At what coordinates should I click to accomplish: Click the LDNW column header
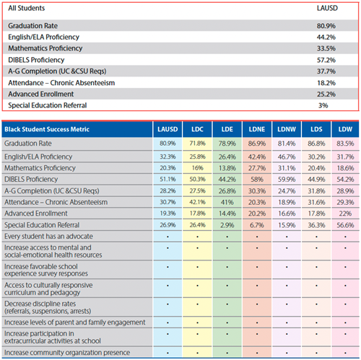pos(287,129)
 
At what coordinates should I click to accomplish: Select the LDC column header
pos(197,129)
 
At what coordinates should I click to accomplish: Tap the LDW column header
pos(345,129)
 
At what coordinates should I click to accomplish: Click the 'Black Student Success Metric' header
pos(47,129)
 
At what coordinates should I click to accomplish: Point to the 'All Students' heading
pos(27,8)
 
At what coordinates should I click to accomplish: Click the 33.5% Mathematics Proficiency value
pos(326,48)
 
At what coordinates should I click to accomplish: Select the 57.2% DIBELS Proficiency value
pos(326,60)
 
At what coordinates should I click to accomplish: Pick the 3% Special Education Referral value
pos(323,105)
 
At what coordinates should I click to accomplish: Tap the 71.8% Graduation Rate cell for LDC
pos(197,144)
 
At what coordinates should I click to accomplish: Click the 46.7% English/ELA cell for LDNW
pos(287,157)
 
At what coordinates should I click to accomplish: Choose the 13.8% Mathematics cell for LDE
pos(227,168)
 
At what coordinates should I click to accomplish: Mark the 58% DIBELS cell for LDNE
pos(257,180)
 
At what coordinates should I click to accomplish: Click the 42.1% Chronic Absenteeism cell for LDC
pos(197,202)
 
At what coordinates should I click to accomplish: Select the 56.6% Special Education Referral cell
pos(345,225)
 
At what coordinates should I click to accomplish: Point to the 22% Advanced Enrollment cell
pos(345,214)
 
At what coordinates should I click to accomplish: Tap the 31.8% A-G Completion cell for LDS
pos(316,191)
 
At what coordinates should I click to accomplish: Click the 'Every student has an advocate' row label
pos(48,237)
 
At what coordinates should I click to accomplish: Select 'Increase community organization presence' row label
pos(67,353)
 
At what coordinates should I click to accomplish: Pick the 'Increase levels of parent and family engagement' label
pos(75,322)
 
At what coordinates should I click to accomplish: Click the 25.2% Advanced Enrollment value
pos(326,94)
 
